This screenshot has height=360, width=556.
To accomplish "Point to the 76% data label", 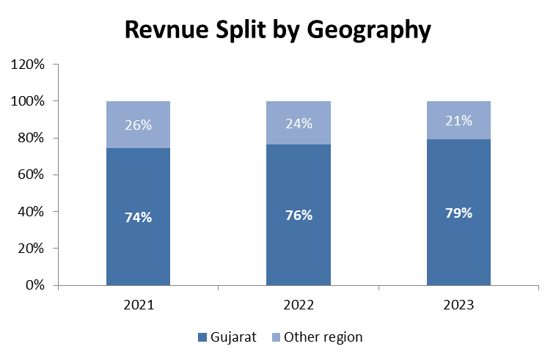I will point(299,215).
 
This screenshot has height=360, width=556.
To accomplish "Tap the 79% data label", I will point(459,213).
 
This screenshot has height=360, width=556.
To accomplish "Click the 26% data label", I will point(138,125).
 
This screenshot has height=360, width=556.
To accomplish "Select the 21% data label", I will point(459,121).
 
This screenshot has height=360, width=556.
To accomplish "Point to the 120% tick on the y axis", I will point(29,65).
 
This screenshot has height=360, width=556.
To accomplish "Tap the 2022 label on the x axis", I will point(299,304).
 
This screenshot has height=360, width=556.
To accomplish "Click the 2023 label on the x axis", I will point(459,304).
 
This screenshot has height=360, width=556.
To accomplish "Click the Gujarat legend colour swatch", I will point(202,338).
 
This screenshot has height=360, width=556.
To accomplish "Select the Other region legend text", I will point(323,337).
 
